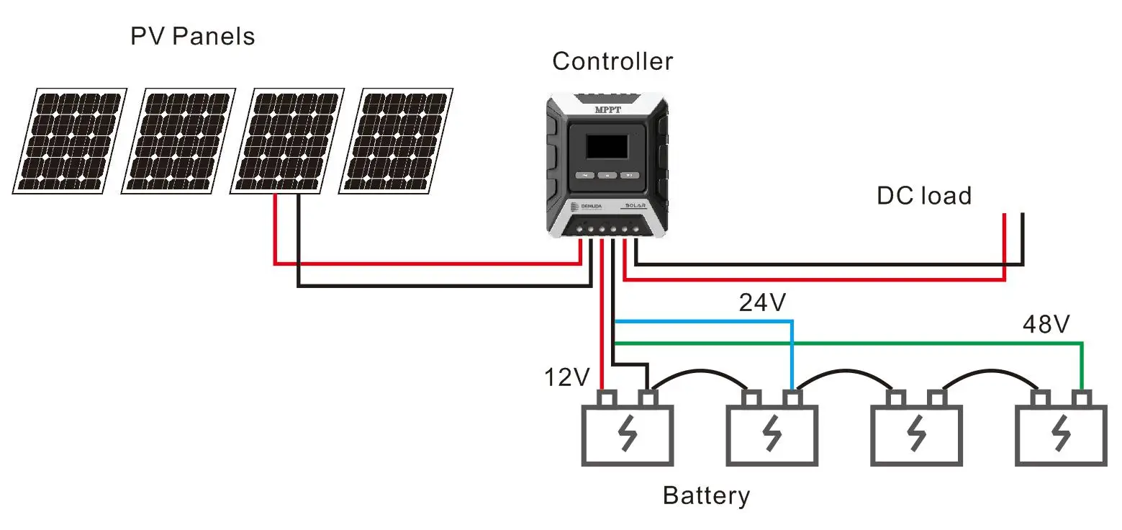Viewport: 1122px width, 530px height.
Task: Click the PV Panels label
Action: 192,36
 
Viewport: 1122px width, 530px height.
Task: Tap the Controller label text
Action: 612,62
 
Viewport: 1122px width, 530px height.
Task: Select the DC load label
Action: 923,196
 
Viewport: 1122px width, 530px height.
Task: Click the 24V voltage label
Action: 763,303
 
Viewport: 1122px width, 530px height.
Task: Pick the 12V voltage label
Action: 567,377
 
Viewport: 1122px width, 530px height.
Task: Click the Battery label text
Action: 706,496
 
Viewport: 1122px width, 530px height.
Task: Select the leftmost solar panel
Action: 69,140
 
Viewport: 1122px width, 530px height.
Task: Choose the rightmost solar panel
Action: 396,140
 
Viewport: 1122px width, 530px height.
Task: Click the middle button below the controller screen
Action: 607,175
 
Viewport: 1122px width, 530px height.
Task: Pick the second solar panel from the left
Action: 178,140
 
